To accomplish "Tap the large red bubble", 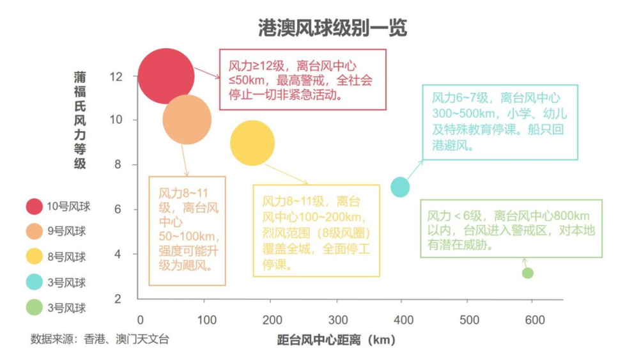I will click(x=166, y=76).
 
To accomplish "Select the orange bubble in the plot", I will click(x=187, y=120).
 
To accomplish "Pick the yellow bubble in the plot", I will click(x=252, y=143).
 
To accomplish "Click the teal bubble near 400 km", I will click(x=400, y=187).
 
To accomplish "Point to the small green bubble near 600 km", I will click(x=527, y=273).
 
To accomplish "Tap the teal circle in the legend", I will click(x=35, y=283).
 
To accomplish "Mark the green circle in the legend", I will click(x=35, y=308).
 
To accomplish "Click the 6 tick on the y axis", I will click(x=118, y=210).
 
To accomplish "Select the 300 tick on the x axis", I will click(x=338, y=320).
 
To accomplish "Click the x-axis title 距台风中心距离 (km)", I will click(x=336, y=340).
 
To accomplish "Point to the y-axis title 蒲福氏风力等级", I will click(x=80, y=120).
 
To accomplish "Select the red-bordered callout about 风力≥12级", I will click(x=303, y=79).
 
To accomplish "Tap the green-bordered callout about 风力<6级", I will click(x=511, y=229).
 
